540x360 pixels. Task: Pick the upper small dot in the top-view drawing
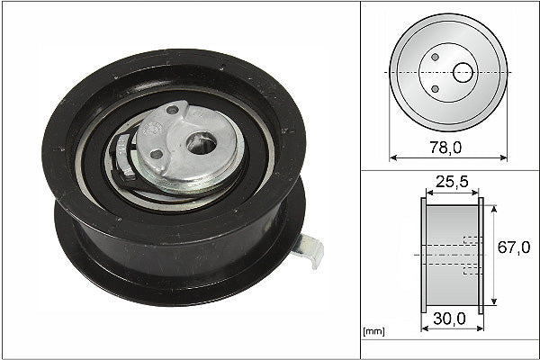tap(436, 58)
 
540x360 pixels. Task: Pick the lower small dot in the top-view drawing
tap(436, 88)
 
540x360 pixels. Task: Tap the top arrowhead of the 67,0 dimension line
tap(495, 205)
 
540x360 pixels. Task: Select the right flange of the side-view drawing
tap(481, 256)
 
